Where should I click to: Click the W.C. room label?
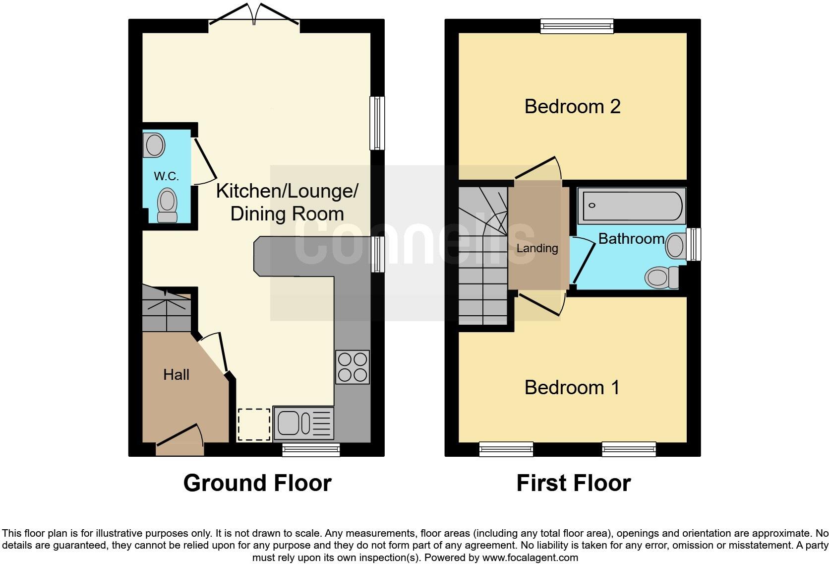tap(166, 176)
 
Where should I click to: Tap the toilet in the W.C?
tap(167, 205)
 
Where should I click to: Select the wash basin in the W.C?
tap(154, 145)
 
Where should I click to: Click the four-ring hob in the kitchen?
tap(353, 367)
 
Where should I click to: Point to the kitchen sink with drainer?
tap(303, 423)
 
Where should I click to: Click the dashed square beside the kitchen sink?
tap(254, 424)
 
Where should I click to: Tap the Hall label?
tap(176, 375)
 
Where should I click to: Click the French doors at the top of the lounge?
tap(254, 14)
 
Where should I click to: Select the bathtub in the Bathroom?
tap(632, 206)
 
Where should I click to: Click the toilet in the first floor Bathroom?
tap(662, 277)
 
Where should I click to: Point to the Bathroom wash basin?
tap(676, 245)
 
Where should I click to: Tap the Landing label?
tap(537, 248)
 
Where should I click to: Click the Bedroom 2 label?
tap(572, 106)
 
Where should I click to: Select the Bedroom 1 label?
tap(572, 388)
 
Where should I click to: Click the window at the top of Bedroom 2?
tap(577, 26)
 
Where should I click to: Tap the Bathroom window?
tap(694, 245)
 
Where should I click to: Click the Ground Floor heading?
tap(258, 483)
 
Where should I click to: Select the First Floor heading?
tap(574, 483)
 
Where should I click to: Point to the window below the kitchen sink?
tap(311, 449)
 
